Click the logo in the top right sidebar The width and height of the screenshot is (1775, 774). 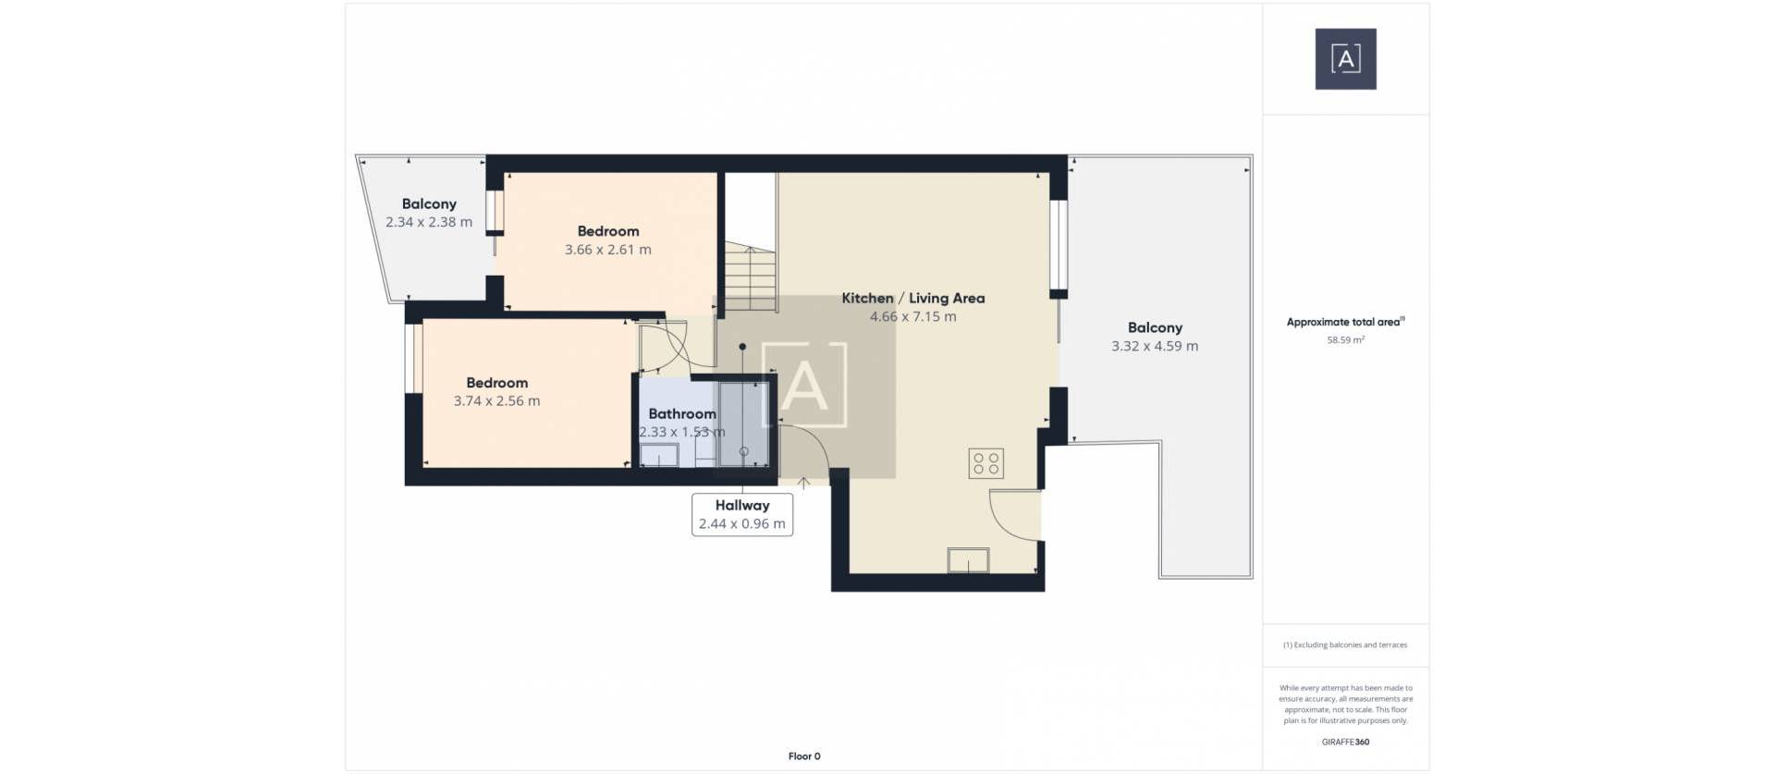pos(1345,59)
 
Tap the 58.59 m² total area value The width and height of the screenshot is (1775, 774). pos(1345,340)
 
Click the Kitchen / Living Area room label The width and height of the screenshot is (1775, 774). pos(912,298)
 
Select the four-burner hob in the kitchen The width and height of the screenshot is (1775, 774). pos(985,463)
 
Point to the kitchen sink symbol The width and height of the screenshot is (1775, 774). pos(968,560)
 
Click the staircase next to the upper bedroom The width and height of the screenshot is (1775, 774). pos(750,277)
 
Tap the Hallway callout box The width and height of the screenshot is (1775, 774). pos(741,514)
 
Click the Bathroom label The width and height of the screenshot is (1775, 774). pos(681,413)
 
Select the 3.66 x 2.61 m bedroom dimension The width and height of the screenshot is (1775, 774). pos(607,250)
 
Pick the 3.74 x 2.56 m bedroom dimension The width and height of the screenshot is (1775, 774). pos(496,401)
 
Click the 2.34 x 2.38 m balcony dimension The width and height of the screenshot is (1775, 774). pos(428,222)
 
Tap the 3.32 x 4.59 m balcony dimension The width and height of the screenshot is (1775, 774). pos(1154,346)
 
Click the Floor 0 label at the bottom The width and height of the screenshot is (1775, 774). pos(803,756)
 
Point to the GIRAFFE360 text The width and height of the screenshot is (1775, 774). pos(1345,742)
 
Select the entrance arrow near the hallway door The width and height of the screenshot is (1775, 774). pos(803,483)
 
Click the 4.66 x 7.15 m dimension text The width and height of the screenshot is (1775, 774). pos(912,316)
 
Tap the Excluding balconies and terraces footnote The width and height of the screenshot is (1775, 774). pos(1345,645)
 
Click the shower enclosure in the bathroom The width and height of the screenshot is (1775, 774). pos(743,424)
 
